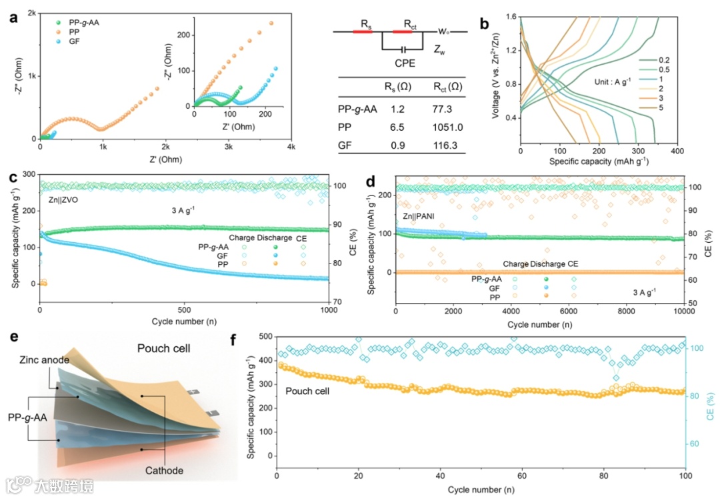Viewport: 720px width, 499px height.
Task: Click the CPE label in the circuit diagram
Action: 403,64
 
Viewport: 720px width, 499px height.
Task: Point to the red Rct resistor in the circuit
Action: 403,31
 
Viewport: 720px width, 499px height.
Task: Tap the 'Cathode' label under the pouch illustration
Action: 164,470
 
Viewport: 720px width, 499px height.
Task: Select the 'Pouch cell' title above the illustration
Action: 164,348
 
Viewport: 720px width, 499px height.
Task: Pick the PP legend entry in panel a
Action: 67,31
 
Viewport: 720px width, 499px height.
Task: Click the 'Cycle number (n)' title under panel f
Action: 482,489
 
